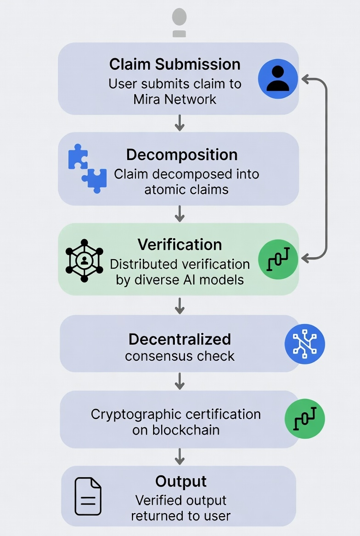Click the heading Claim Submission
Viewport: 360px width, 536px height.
tap(174, 64)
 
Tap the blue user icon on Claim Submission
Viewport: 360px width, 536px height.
tap(278, 78)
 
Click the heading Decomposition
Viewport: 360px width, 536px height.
tap(182, 155)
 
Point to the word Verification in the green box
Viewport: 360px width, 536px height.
tap(180, 244)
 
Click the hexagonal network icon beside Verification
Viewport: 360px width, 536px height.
tap(84, 260)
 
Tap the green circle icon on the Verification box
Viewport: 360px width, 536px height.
tap(278, 260)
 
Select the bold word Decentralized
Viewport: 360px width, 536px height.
tap(180, 339)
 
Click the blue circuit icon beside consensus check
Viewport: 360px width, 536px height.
tap(304, 344)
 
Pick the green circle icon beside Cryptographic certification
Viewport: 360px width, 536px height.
tap(304, 419)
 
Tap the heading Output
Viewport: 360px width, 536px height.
tap(181, 481)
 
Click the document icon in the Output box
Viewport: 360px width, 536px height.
tap(88, 496)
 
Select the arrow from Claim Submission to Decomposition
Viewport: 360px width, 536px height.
tap(180, 123)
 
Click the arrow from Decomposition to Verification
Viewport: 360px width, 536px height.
tap(180, 213)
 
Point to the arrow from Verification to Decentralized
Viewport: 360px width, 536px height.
tap(180, 305)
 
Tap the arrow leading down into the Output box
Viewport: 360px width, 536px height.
tap(180, 456)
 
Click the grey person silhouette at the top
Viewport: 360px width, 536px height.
tap(179, 22)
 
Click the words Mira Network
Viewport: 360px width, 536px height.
tap(174, 99)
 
